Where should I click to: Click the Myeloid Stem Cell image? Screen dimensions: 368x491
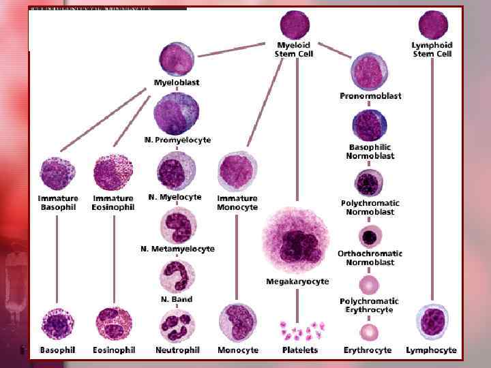pyautogui.click(x=295, y=25)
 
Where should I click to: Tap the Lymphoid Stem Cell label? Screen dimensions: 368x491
pyautogui.click(x=432, y=50)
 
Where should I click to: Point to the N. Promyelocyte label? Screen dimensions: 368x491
pyautogui.click(x=177, y=140)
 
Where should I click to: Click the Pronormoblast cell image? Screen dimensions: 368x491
pyautogui.click(x=369, y=71)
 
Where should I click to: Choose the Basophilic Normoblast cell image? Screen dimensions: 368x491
pyautogui.click(x=370, y=125)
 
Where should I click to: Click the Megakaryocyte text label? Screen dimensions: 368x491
pyautogui.click(x=297, y=281)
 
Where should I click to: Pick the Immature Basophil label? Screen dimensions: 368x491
pyautogui.click(x=58, y=203)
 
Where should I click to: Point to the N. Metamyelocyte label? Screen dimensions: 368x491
pyautogui.click(x=177, y=249)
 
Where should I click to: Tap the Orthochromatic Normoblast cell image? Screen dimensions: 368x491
pyautogui.click(x=370, y=236)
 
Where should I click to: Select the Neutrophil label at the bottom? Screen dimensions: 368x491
pyautogui.click(x=177, y=350)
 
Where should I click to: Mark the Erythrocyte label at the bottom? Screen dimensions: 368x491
pyautogui.click(x=368, y=350)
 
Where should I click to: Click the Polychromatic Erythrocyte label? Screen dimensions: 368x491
pyautogui.click(x=370, y=305)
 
